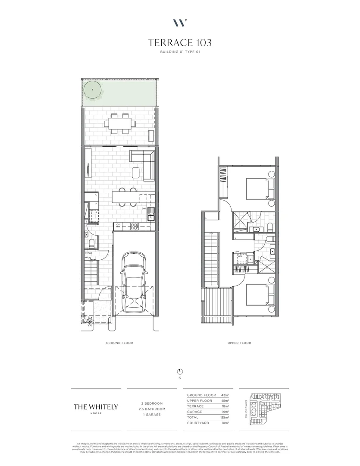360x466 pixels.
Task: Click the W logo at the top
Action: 180,23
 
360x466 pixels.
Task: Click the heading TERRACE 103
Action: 180,43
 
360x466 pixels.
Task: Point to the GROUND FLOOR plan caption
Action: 119,343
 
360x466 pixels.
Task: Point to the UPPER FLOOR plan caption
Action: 239,343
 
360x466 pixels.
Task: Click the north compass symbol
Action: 180,372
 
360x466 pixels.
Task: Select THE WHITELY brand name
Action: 96,406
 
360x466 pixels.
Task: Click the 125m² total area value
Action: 225,417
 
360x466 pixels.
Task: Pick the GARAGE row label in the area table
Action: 195,412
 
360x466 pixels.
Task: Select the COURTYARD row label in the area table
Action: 198,423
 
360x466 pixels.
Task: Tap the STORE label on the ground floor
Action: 88,253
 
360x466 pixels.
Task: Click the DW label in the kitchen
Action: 144,209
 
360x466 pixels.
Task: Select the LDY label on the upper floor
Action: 237,252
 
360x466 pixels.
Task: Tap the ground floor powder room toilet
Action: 87,235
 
